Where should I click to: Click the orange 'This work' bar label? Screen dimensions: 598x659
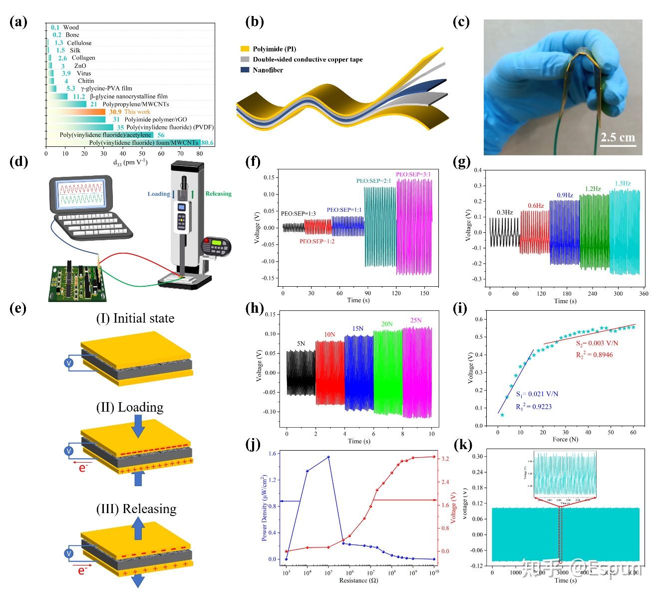137,112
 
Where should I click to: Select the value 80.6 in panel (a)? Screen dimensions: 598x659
208,143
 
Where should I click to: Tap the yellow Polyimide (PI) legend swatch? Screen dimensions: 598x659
244,49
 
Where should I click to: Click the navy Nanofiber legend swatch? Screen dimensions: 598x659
244,70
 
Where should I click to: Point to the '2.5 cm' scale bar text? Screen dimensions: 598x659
618,137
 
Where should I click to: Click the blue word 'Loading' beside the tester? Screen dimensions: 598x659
159,194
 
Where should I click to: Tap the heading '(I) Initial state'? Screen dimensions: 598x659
136,319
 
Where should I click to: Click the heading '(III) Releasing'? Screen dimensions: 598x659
136,509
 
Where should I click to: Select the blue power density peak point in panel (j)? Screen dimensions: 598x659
328,457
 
